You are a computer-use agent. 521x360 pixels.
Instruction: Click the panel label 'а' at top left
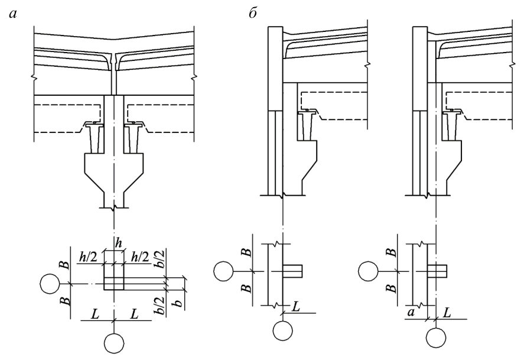click(x=13, y=14)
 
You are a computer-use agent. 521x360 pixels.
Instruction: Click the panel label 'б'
click(x=253, y=13)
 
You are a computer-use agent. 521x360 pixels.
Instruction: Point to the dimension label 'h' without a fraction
click(x=119, y=243)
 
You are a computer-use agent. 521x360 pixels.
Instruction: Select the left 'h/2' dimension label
click(x=88, y=257)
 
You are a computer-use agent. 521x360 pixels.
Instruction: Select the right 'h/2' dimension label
click(x=140, y=257)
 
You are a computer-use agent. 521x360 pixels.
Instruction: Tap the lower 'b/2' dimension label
click(x=159, y=306)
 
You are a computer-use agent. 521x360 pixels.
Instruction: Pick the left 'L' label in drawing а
click(x=95, y=314)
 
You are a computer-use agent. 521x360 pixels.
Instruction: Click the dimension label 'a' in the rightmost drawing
click(x=411, y=313)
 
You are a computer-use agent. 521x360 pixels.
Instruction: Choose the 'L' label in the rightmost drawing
click(x=447, y=313)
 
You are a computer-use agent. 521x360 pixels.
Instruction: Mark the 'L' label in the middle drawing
click(x=295, y=306)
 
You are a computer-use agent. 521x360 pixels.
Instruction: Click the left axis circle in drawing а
click(x=50, y=284)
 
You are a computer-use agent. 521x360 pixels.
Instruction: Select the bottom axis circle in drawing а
click(x=114, y=342)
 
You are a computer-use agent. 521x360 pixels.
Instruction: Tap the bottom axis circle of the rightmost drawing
click(x=436, y=338)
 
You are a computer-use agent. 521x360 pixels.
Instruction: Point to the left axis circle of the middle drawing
click(x=224, y=271)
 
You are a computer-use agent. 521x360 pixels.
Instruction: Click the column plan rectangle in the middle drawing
click(x=292, y=271)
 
